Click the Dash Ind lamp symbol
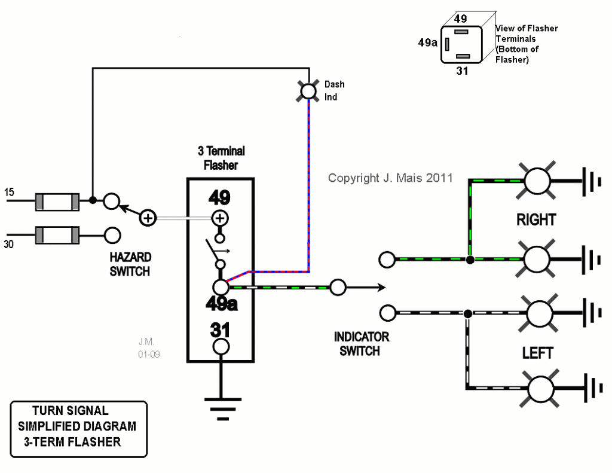[308, 91]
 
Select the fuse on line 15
[57, 202]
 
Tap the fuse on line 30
[57, 234]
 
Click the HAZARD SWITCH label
[130, 264]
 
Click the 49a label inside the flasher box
[221, 304]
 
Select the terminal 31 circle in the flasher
[221, 346]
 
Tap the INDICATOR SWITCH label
[361, 344]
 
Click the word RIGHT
[536, 220]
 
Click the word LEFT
[537, 353]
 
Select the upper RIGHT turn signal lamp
[537, 179]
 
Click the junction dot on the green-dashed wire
[470, 260]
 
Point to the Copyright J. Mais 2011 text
[390, 178]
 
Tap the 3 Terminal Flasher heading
[221, 158]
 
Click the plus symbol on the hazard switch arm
[148, 218]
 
